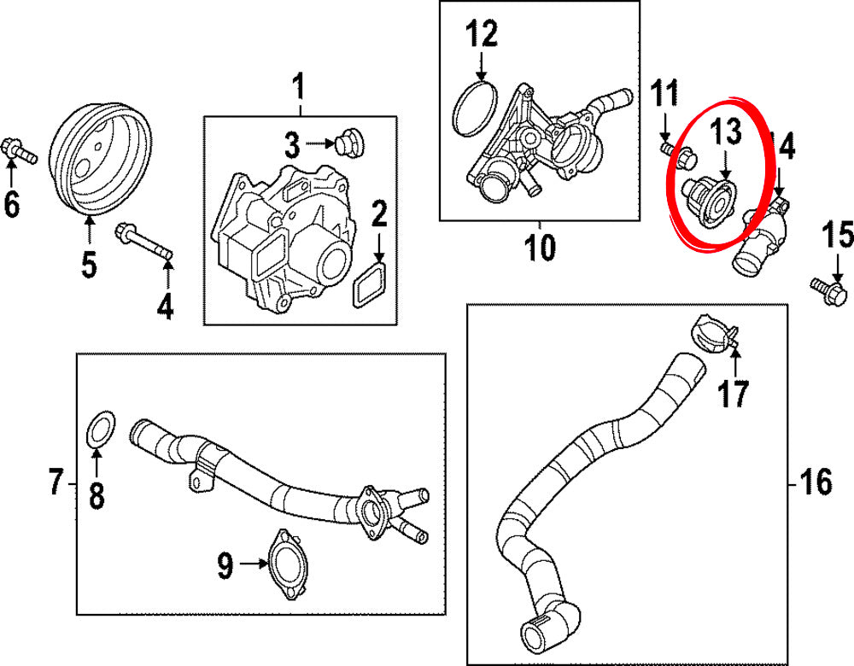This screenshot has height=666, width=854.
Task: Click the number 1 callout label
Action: coord(299,86)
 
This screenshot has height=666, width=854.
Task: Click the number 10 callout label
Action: coord(540,247)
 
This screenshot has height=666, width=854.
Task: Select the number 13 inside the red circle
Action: coord(728,133)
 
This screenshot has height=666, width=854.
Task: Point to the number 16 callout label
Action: coord(815,483)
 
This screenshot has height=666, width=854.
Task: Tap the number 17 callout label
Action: coord(734,394)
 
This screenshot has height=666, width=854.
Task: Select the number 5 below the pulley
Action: coord(89,266)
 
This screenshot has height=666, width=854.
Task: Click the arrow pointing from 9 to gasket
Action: coord(253,564)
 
